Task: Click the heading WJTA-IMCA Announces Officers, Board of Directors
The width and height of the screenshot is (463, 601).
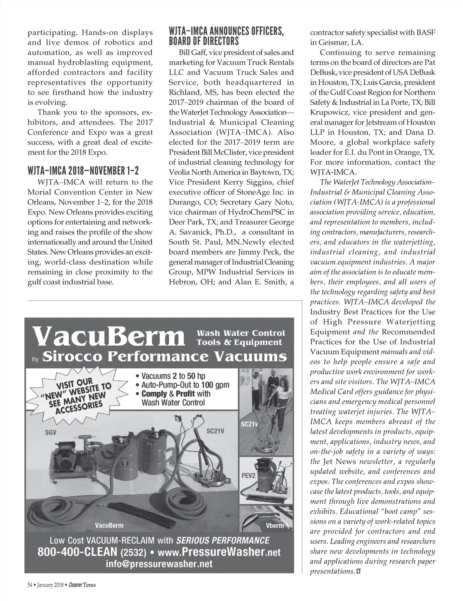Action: pos(226,36)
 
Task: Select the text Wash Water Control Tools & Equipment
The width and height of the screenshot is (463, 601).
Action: pos(241,338)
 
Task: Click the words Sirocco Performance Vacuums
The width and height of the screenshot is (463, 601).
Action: pos(165,356)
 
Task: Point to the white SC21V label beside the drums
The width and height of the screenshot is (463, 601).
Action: pos(215,431)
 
